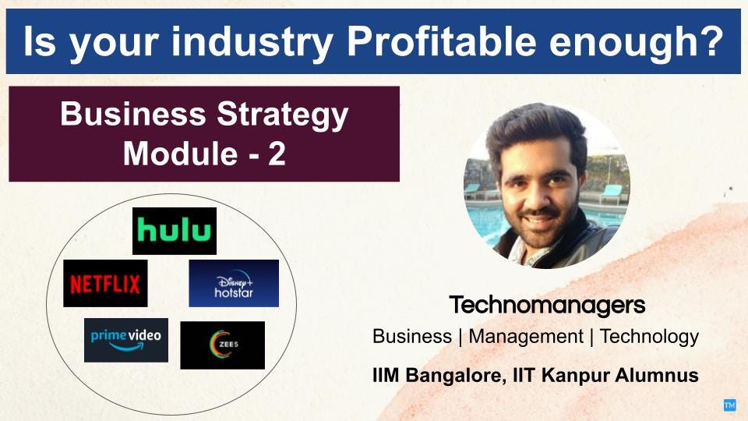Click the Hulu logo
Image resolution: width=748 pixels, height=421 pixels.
click(174, 231)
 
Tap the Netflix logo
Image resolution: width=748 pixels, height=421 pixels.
click(105, 284)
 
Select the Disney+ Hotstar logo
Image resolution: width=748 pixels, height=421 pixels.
click(234, 284)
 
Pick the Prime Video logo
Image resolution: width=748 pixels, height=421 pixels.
click(126, 341)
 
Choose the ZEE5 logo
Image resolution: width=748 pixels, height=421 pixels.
click(222, 345)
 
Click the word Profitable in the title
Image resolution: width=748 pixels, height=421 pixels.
click(441, 41)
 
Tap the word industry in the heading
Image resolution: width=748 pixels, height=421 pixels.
click(252, 42)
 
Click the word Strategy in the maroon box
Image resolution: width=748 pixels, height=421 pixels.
click(282, 115)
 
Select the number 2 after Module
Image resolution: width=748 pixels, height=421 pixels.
click(277, 154)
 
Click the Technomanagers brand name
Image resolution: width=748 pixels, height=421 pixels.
click(547, 305)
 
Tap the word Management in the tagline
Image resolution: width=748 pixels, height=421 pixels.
click(526, 337)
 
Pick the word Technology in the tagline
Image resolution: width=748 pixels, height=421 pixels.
click(649, 337)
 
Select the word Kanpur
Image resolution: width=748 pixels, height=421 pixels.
click(576, 375)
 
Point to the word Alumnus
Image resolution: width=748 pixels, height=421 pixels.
click(657, 375)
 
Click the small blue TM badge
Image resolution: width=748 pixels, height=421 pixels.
click(729, 405)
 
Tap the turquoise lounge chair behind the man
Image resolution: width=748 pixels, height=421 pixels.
click(611, 194)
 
